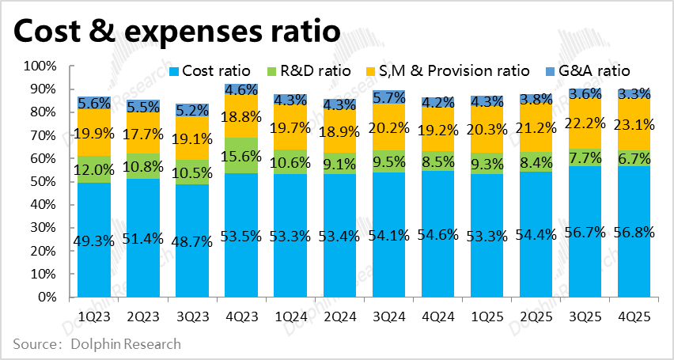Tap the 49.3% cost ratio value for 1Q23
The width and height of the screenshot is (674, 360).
pyautogui.click(x=97, y=241)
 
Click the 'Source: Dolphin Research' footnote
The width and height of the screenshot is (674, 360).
pyautogui.click(x=97, y=344)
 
